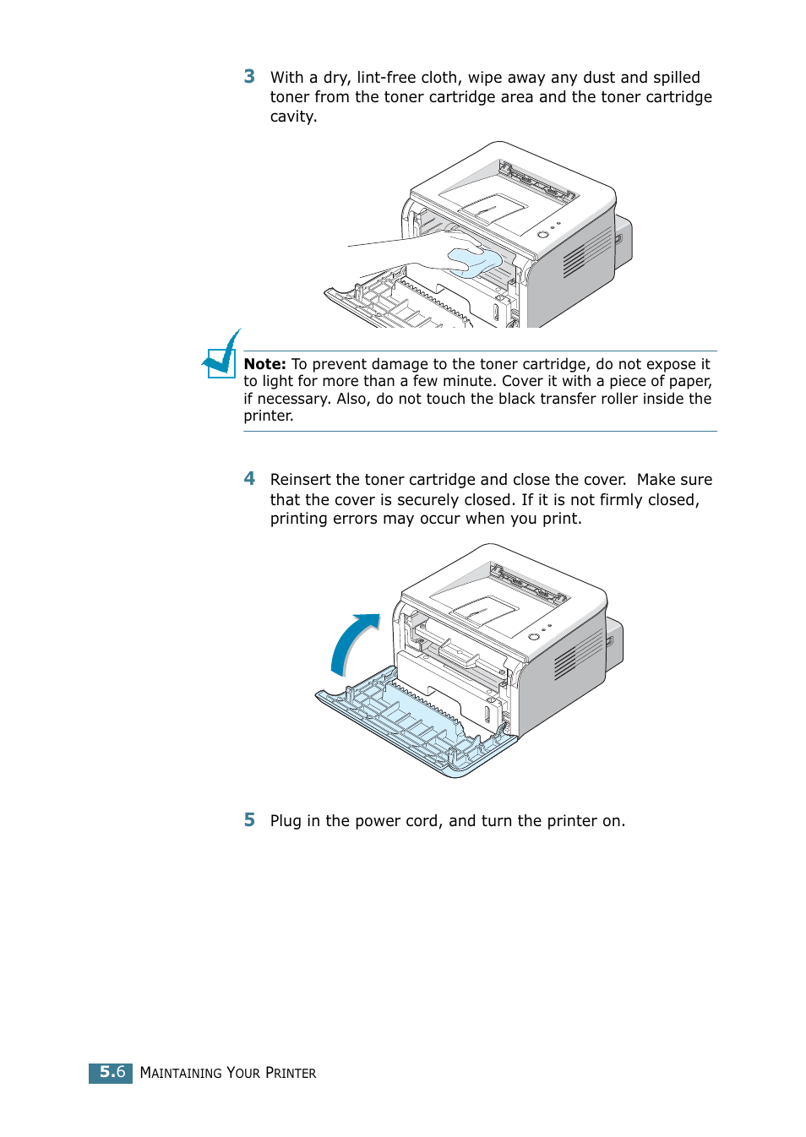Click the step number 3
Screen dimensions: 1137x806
click(x=249, y=77)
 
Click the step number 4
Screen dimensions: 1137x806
click(x=249, y=479)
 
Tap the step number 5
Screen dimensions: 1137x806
click(x=249, y=820)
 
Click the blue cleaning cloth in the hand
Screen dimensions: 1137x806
click(x=474, y=262)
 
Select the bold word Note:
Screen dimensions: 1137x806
click(x=264, y=364)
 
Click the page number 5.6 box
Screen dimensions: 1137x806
click(x=111, y=1073)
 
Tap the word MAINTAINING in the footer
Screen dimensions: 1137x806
click(x=180, y=1073)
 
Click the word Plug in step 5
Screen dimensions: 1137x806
click(x=286, y=821)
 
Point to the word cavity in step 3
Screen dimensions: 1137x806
click(x=291, y=117)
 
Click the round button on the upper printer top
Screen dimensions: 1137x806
click(x=542, y=234)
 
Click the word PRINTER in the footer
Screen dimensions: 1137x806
click(x=291, y=1073)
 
